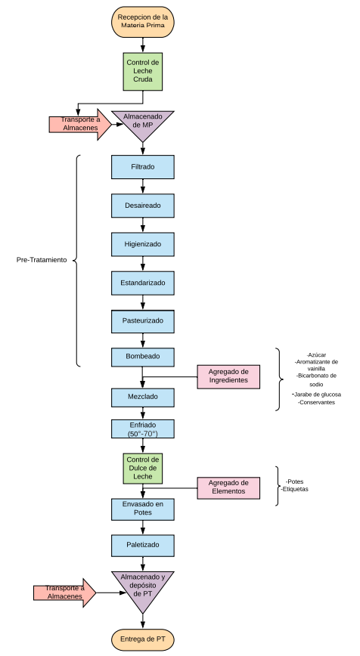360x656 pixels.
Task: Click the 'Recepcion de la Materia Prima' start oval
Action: (x=143, y=22)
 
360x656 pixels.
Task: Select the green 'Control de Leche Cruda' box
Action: (x=143, y=72)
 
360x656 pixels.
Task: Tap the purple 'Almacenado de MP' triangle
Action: (x=143, y=123)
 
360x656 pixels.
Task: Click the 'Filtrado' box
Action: (x=143, y=167)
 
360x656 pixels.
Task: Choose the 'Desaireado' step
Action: (x=143, y=206)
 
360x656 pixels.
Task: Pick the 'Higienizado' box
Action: (x=143, y=244)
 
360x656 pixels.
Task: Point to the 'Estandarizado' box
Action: (x=143, y=283)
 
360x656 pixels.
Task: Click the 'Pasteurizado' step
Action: (x=143, y=321)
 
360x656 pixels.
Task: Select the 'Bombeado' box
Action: (x=143, y=357)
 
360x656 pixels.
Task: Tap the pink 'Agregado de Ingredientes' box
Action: (x=228, y=376)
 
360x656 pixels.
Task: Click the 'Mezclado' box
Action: (x=143, y=398)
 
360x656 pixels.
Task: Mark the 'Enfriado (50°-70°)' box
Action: (x=143, y=429)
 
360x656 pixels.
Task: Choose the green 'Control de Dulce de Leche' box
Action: (x=143, y=469)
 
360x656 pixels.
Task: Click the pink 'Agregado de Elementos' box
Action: (x=228, y=487)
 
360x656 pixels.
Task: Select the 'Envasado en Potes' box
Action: (x=143, y=509)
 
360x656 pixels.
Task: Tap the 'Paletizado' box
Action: (x=143, y=545)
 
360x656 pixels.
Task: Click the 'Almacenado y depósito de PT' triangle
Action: (x=143, y=588)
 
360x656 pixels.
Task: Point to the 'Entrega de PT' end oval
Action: (x=143, y=639)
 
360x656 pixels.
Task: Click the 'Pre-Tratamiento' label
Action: (x=42, y=260)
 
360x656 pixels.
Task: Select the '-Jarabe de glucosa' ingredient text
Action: (x=317, y=394)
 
